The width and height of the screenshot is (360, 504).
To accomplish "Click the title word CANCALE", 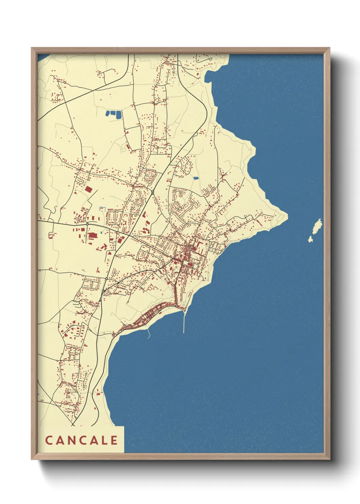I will (x=82, y=440).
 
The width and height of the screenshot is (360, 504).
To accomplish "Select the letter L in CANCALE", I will (x=104, y=440).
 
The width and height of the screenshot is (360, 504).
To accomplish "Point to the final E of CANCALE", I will (x=114, y=440).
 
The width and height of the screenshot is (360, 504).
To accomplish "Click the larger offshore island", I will (x=317, y=225).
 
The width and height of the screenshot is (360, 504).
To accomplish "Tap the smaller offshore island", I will (x=310, y=239).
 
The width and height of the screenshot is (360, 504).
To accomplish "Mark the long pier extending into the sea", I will (x=184, y=322).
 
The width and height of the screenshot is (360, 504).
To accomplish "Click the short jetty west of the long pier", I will (x=148, y=333).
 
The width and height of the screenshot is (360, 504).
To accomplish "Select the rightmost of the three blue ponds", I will (x=119, y=115).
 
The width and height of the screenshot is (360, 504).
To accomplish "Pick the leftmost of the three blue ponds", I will (x=108, y=113).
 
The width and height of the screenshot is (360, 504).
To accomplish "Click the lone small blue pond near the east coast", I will (x=196, y=178).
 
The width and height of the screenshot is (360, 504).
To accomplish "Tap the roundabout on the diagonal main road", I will (x=153, y=192).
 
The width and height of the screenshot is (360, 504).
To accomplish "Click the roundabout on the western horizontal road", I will (x=87, y=223).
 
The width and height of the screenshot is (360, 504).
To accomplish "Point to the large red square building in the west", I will (x=88, y=190).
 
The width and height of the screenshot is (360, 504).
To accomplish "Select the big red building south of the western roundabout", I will (x=92, y=235).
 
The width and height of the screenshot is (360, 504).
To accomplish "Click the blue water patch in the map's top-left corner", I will (x=42, y=57).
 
